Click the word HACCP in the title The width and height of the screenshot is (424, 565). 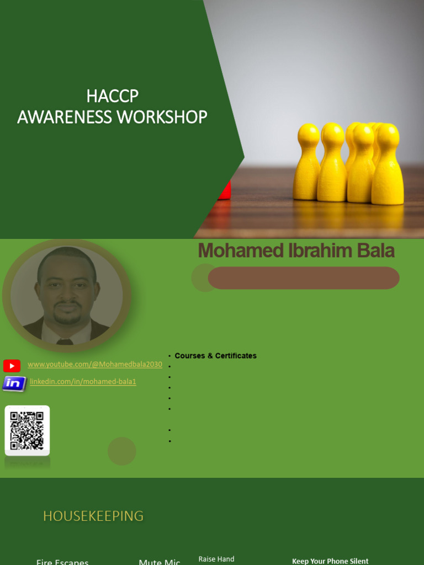pos(112,96)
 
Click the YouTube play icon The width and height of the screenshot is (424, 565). pos(12,365)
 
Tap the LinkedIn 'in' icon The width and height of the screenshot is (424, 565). pos(14,383)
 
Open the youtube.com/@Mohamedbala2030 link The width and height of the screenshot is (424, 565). pos(95,365)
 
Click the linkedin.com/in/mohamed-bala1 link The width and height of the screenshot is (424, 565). pos(83,382)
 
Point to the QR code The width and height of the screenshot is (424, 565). pos(27,430)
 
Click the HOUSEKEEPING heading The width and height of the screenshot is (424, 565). pos(93,516)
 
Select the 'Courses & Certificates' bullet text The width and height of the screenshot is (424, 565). pos(215,356)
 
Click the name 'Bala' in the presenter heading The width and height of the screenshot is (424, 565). pos(375,251)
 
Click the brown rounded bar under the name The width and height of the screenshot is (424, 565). pos(304,278)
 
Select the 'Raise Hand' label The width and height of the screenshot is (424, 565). pos(216,559)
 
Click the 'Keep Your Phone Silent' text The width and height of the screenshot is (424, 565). pos(330,561)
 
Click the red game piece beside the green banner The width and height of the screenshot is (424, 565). pos(224,190)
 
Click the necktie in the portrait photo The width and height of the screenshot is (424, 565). pos(65,342)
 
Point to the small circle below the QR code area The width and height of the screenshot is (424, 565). pos(121,451)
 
